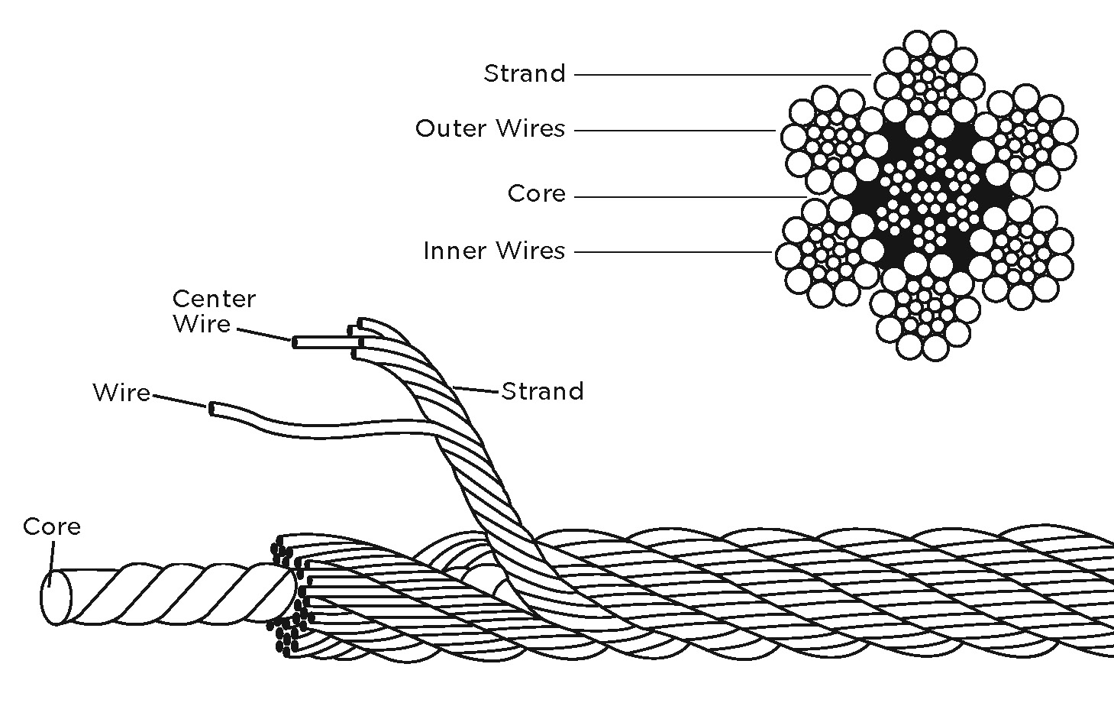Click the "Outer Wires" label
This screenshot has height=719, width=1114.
[x=489, y=128]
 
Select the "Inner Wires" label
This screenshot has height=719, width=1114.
[x=493, y=251]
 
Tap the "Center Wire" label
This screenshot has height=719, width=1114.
[x=213, y=311]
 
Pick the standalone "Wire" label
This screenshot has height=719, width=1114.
[x=121, y=393]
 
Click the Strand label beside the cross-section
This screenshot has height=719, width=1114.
[x=525, y=73]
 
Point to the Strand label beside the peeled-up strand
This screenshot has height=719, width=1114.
[x=542, y=391]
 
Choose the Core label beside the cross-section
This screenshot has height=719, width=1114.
[x=536, y=194]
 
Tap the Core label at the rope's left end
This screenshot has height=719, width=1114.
[x=51, y=526]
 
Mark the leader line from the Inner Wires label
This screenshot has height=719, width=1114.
[x=672, y=251]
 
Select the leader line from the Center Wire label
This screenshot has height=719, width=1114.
[x=263, y=335]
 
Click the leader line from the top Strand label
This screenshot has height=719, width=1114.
[x=722, y=75]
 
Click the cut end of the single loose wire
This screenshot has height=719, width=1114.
[x=211, y=409]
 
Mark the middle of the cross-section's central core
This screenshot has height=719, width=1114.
[x=927, y=196]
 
